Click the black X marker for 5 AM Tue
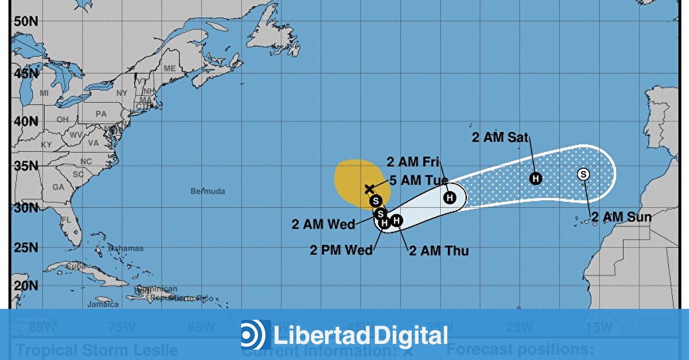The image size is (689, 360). click(x=370, y=189)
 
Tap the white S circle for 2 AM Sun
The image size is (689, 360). click(x=583, y=174)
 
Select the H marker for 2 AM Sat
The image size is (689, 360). click(x=536, y=179)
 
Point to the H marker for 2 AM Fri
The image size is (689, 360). click(x=450, y=198)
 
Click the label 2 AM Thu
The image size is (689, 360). click(x=438, y=251)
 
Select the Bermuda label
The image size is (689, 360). click(x=208, y=191)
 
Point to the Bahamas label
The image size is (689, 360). click(x=126, y=249)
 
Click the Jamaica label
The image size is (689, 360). click(x=103, y=304)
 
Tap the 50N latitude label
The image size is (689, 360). click(x=26, y=21)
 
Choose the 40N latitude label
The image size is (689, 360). click(x=26, y=121)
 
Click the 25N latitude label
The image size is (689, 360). click(x=26, y=248)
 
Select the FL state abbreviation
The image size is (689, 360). click(x=66, y=220)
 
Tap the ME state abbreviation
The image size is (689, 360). click(x=169, y=68)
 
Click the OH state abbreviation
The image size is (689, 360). click(x=62, y=119)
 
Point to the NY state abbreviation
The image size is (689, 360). click(x=122, y=92)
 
